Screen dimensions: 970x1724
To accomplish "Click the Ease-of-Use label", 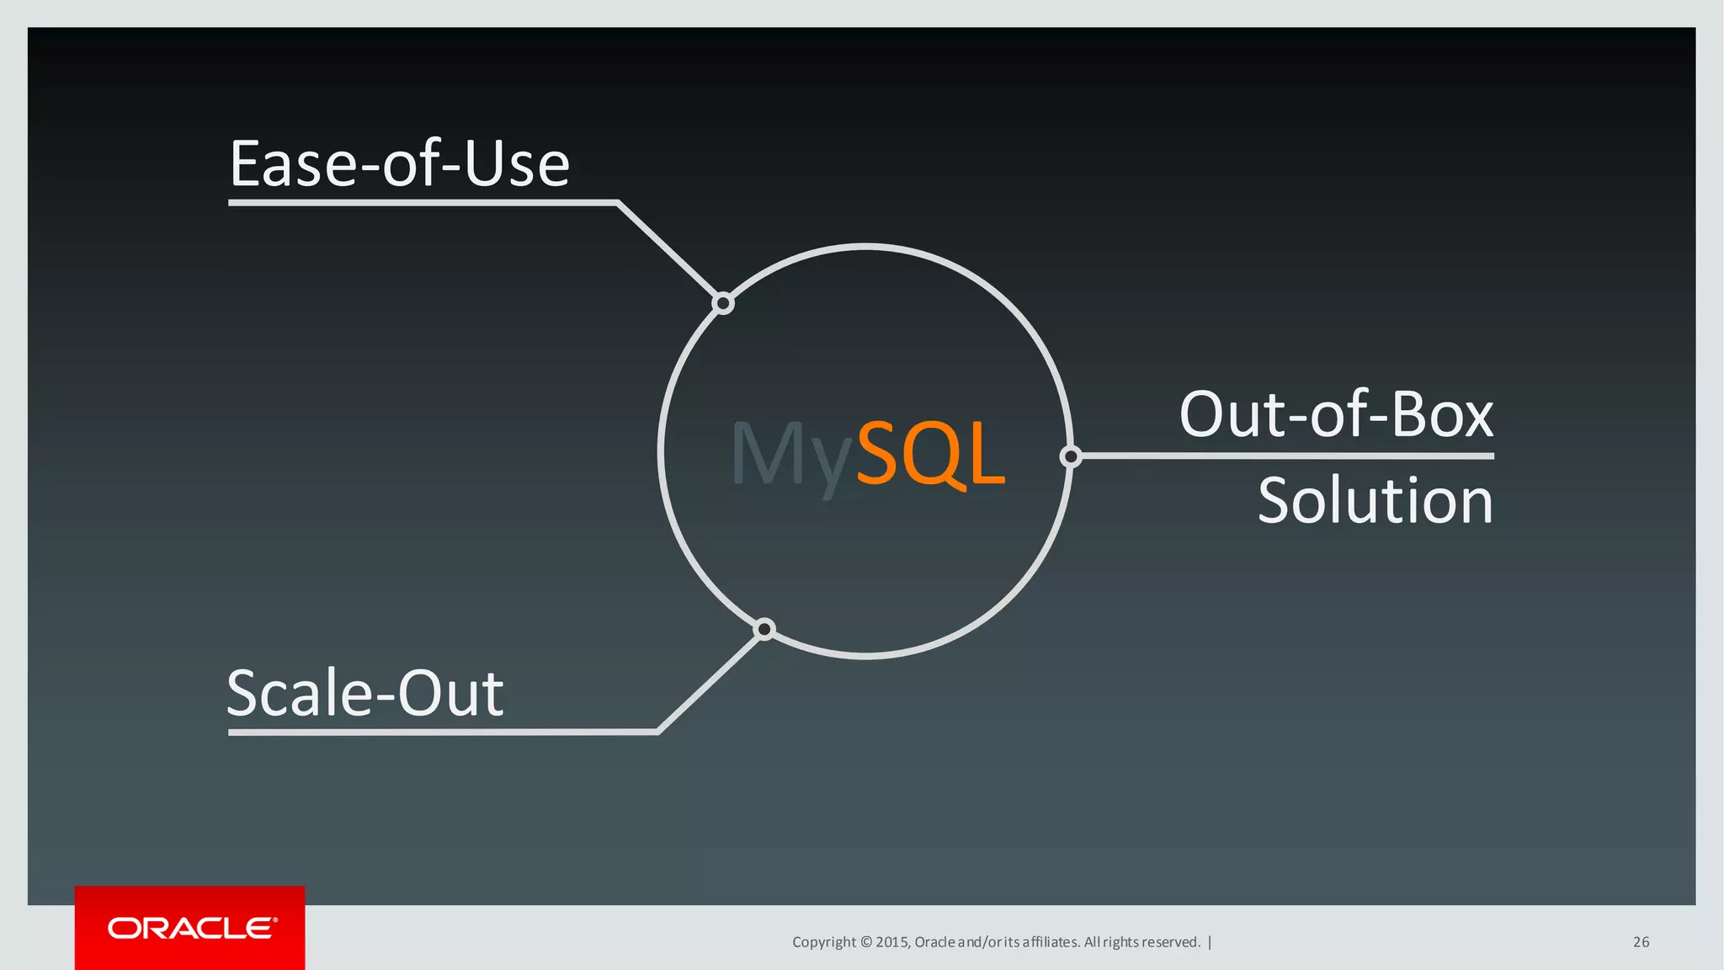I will (400, 163).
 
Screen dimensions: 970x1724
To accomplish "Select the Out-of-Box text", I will (1336, 414).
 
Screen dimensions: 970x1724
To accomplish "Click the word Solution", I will (1375, 500).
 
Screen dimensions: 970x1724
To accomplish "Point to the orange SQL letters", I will (930, 454).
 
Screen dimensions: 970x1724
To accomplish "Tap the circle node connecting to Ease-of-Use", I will (723, 303).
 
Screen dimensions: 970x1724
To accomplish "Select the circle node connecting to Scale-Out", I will (764, 629).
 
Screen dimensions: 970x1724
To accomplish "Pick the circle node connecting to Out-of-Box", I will (1071, 456).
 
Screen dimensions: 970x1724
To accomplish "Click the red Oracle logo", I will (190, 928).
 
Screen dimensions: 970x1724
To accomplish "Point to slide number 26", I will (1641, 942).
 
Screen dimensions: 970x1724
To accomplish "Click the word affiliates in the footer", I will (1051, 942).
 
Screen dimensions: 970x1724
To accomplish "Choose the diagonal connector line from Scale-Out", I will (710, 681).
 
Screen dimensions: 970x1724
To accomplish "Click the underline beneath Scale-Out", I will (442, 733).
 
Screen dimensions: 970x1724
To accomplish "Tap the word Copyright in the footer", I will (823, 942).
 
